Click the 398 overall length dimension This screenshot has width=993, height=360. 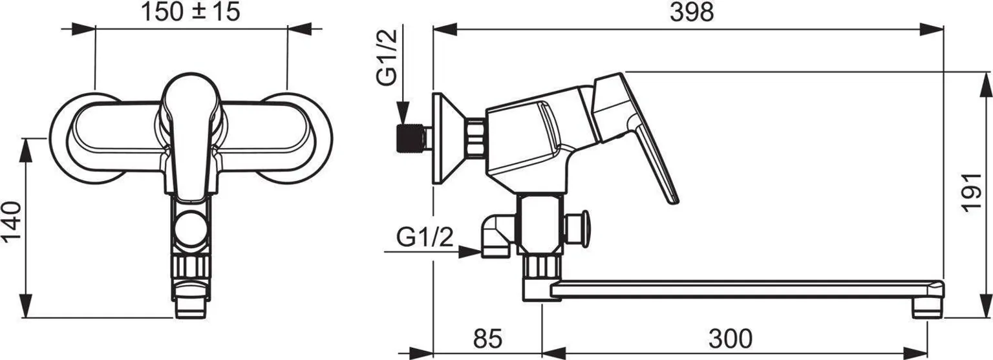(691, 12)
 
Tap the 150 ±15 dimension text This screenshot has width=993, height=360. (191, 12)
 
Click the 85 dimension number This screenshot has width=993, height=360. (487, 339)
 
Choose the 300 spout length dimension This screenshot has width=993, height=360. (730, 339)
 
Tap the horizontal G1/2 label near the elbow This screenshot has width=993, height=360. (425, 237)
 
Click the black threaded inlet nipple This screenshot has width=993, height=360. (409, 138)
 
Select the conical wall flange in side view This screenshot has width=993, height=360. (449, 138)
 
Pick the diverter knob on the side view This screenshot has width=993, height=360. (577, 229)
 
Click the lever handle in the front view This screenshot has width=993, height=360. (191, 133)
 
